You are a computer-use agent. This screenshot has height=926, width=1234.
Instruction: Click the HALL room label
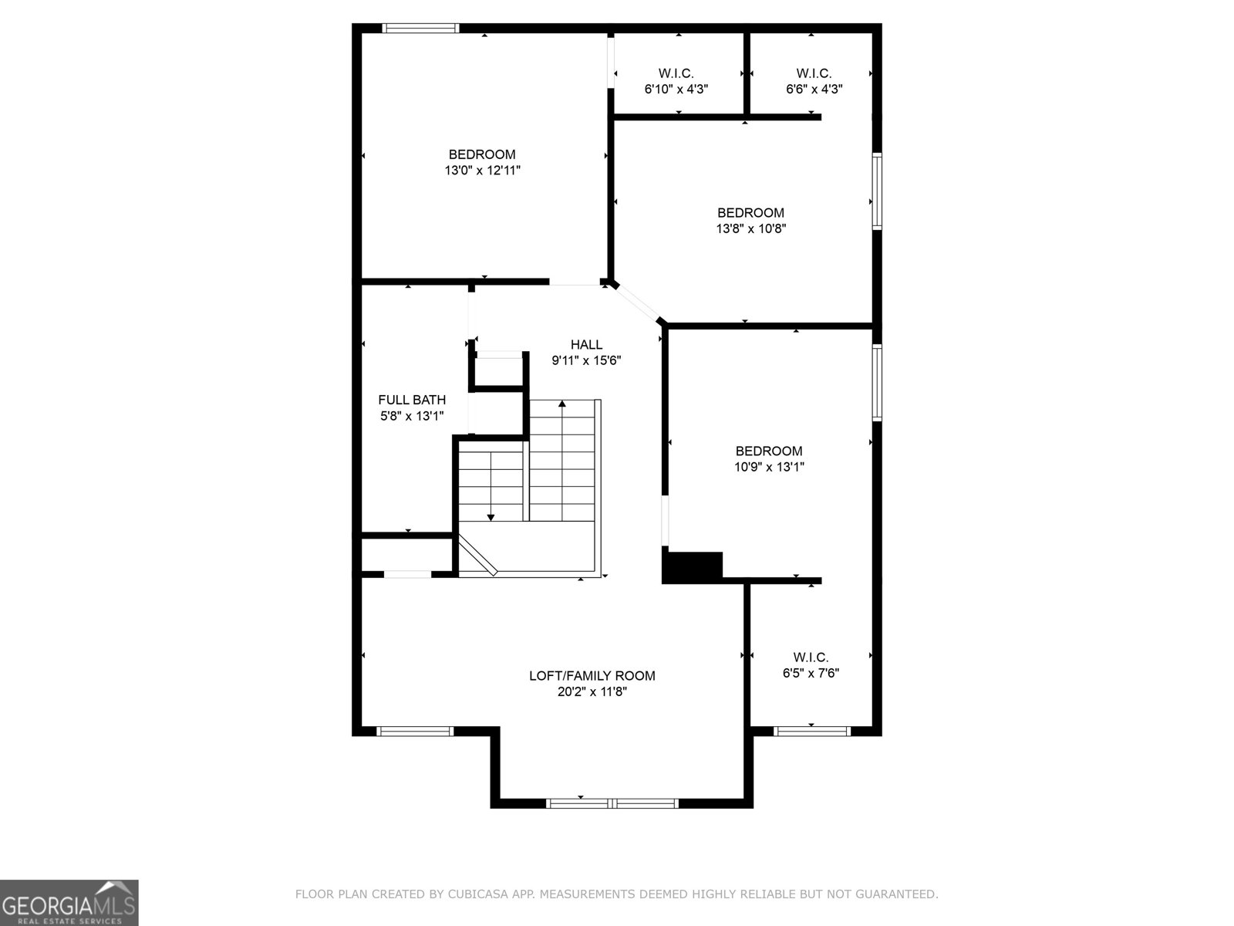tap(586, 344)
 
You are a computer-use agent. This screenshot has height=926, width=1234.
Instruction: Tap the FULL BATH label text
tap(412, 400)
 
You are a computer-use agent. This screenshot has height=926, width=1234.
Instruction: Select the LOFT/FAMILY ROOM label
tap(592, 676)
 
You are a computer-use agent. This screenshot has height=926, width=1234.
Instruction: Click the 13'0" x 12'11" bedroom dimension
tap(482, 171)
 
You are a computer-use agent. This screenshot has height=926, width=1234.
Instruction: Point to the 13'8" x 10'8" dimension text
tap(750, 228)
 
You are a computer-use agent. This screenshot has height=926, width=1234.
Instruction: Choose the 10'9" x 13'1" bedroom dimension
tap(769, 467)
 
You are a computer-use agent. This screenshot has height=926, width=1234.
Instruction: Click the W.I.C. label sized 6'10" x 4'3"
tap(676, 73)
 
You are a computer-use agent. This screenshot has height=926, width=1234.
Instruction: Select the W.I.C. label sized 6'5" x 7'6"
tap(811, 657)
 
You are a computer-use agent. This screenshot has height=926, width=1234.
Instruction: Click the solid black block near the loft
tap(692, 567)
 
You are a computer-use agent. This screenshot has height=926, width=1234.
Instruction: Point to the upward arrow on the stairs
tap(562, 404)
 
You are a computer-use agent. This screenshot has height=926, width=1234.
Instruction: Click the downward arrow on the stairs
tap(491, 516)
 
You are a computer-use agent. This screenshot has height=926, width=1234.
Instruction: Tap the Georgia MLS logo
tap(69, 902)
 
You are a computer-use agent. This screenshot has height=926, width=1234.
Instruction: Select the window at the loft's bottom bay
tap(612, 803)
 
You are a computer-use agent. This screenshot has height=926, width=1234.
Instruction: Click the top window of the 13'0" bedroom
tap(421, 29)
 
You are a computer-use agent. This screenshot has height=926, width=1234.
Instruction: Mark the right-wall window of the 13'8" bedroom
tap(877, 191)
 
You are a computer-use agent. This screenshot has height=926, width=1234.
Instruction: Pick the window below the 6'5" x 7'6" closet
tap(811, 731)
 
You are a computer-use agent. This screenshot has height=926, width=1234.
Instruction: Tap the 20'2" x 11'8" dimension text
tap(592, 692)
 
